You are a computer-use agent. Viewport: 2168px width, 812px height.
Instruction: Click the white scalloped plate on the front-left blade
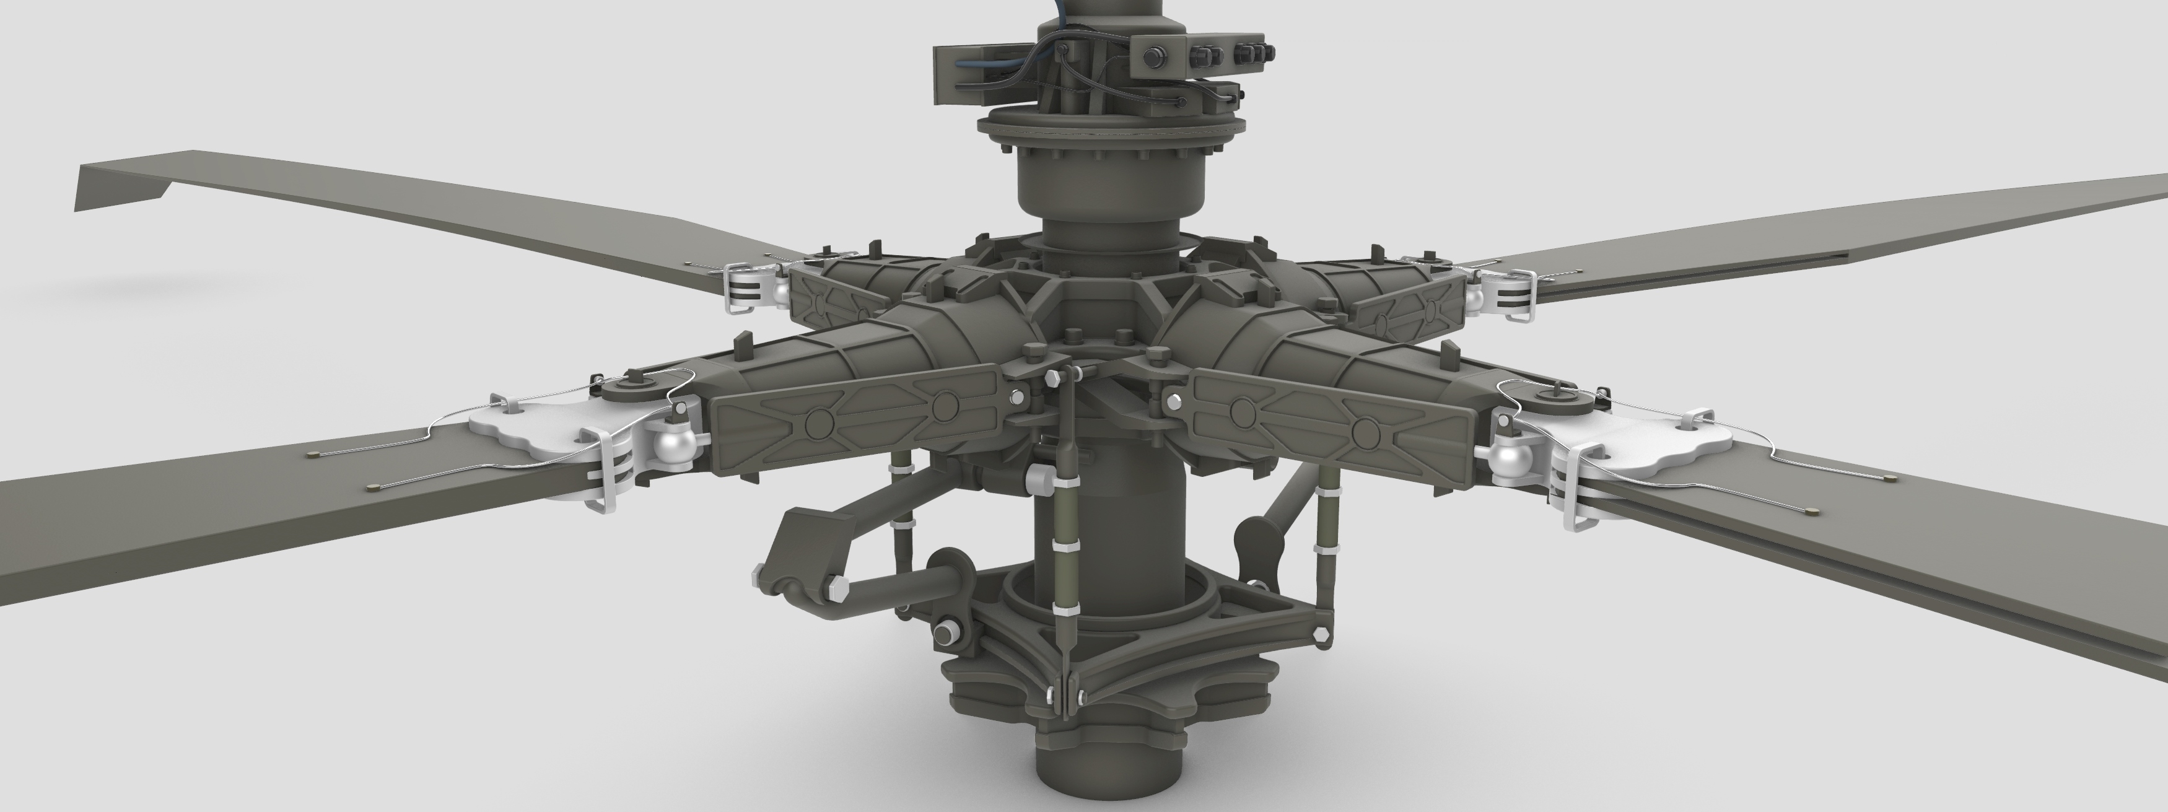(x=522, y=426)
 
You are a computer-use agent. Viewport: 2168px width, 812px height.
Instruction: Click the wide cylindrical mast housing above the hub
(x=1111, y=185)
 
